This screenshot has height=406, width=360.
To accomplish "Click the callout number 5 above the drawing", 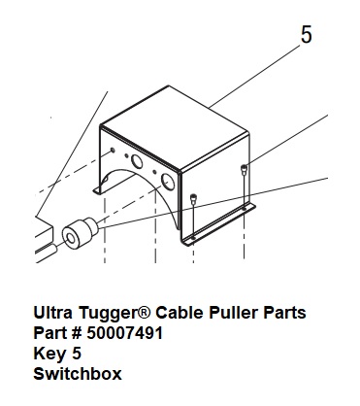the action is [x=307, y=35].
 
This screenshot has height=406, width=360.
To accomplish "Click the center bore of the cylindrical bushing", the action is [x=71, y=239].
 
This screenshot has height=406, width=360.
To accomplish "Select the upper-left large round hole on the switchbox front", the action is [x=137, y=161].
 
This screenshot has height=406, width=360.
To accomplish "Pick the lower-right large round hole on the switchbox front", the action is [x=168, y=182].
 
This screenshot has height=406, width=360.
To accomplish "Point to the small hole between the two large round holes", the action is [x=154, y=172].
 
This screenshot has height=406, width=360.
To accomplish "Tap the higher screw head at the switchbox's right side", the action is [x=244, y=168].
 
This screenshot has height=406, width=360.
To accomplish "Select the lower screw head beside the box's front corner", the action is [x=193, y=197].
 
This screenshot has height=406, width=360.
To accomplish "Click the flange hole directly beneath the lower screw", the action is [x=193, y=238].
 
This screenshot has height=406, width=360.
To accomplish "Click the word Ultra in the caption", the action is [x=53, y=313].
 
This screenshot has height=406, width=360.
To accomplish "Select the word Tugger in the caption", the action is [x=110, y=314].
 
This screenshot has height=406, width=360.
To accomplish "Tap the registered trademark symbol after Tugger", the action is [x=146, y=312].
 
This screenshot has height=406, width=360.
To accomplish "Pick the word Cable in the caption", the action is [x=180, y=313].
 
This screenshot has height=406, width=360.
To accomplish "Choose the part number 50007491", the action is [x=125, y=333].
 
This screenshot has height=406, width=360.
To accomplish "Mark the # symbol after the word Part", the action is [x=77, y=333].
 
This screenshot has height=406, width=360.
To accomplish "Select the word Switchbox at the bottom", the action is [x=78, y=374].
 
